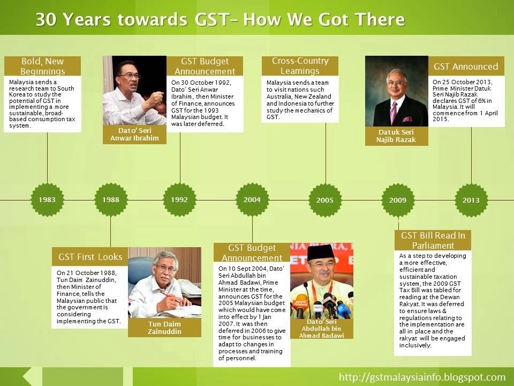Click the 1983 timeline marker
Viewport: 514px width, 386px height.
pyautogui.click(x=47, y=200)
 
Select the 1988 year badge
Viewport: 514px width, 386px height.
pyautogui.click(x=110, y=200)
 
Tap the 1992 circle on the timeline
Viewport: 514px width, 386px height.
pyautogui.click(x=179, y=200)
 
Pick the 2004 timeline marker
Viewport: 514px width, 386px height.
pyautogui.click(x=252, y=200)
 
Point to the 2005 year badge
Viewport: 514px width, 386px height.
pyautogui.click(x=325, y=200)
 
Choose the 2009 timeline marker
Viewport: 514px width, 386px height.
pyautogui.click(x=398, y=200)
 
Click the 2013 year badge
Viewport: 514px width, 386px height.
pyautogui.click(x=471, y=200)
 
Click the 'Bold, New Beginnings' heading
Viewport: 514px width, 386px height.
pyautogui.click(x=42, y=66)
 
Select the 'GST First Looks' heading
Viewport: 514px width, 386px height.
pyautogui.click(x=90, y=257)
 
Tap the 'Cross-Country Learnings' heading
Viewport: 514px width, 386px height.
pyautogui.click(x=300, y=66)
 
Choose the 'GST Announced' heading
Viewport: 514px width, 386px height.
pyautogui.click(x=466, y=66)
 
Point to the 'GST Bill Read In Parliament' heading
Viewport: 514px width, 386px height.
pyautogui.click(x=433, y=241)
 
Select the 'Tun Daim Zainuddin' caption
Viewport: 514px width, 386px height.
pyautogui.click(x=164, y=328)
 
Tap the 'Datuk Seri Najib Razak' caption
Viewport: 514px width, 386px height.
pyautogui.click(x=397, y=136)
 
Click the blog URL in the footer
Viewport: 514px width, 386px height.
pyautogui.click(x=422, y=377)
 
